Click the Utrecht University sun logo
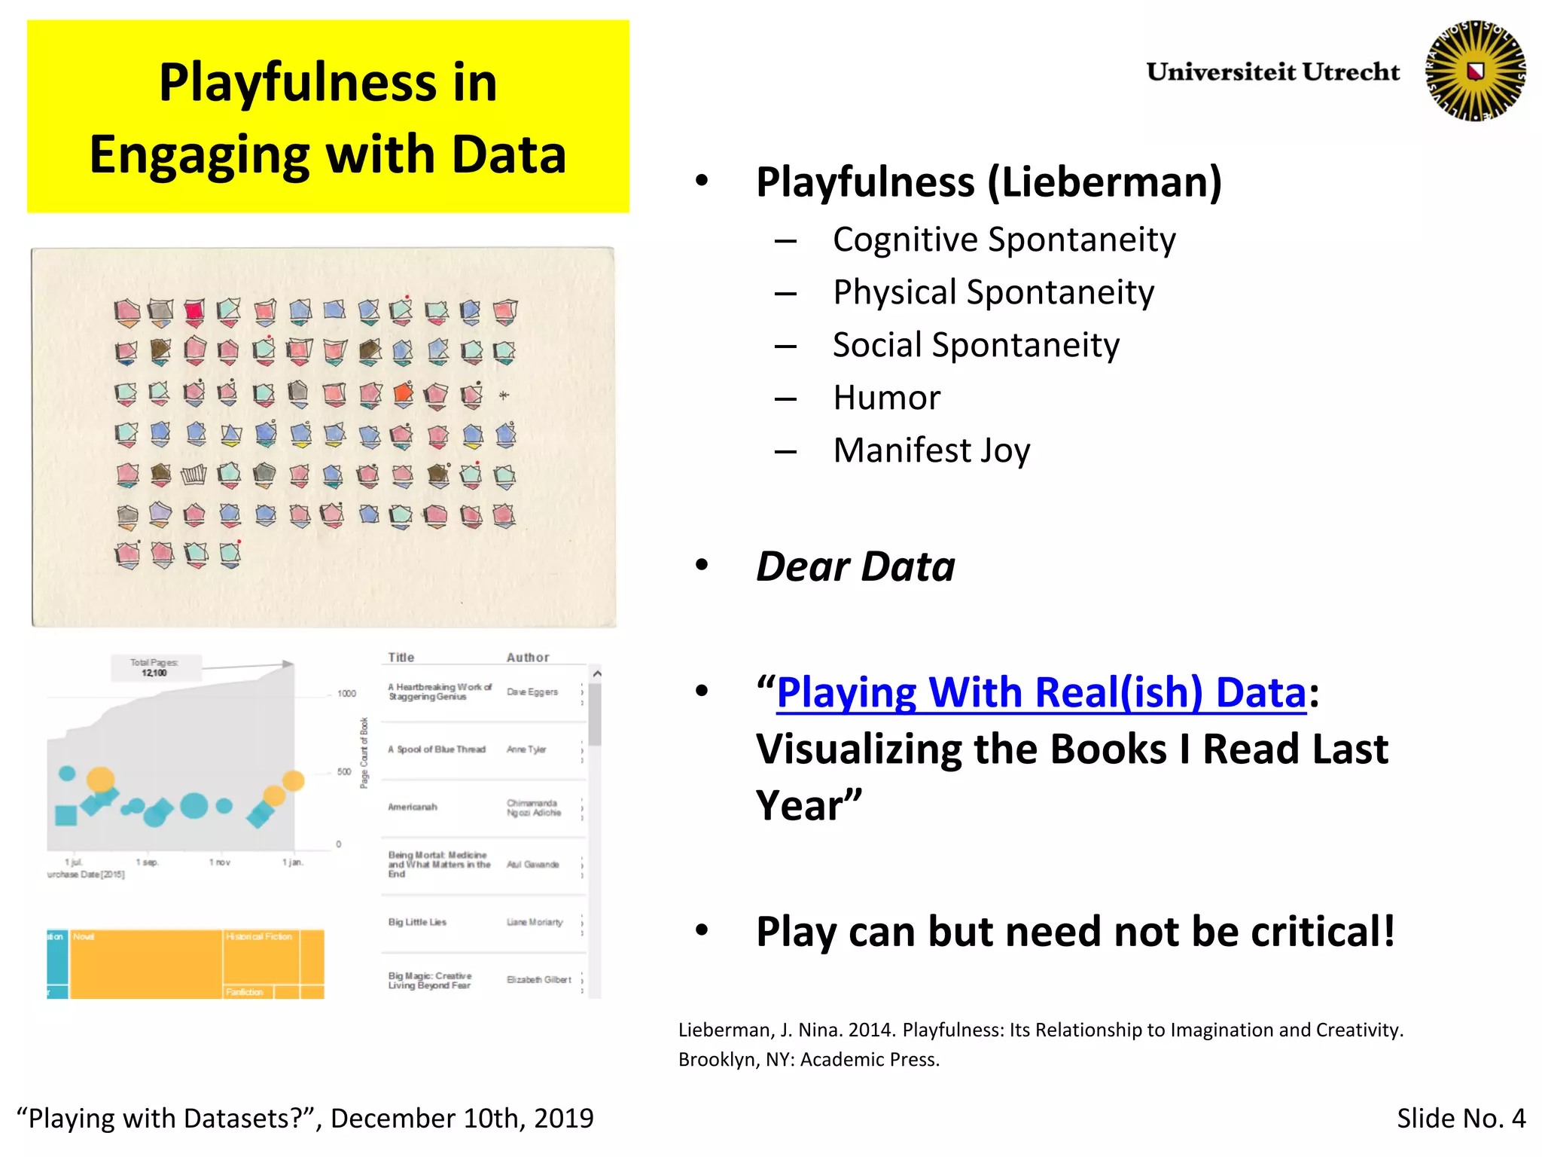[x=1475, y=71]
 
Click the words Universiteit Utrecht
[x=1272, y=72]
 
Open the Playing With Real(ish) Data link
[x=1041, y=692]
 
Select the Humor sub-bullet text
[x=886, y=398]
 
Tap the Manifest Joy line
[x=931, y=450]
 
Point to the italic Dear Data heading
[x=855, y=566]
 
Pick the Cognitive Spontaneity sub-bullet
[x=1004, y=240]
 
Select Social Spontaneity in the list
[x=976, y=345]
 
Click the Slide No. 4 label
[x=1461, y=1119]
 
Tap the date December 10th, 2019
[x=462, y=1119]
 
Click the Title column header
[x=401, y=658]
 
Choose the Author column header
[x=528, y=658]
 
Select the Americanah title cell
[x=413, y=807]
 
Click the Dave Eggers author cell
[x=532, y=692]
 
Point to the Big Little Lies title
[x=417, y=923]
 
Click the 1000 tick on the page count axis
[x=346, y=694]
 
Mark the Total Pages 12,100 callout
[x=154, y=667]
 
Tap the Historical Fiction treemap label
[x=259, y=937]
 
